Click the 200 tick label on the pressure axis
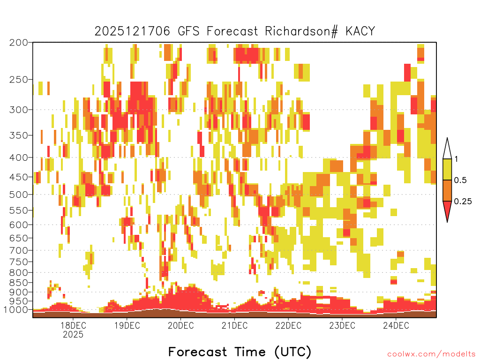[x=18, y=42]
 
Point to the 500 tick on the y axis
[x=18, y=195]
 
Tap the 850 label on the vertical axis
[x=18, y=282]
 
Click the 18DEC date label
[x=73, y=325]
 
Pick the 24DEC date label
[x=396, y=325]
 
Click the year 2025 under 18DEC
[x=73, y=334]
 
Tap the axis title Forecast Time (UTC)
[x=240, y=352]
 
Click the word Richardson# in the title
[x=301, y=31]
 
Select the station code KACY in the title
[x=360, y=31]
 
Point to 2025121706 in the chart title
[x=132, y=31]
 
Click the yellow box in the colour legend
[x=447, y=169]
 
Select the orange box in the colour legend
[x=447, y=190]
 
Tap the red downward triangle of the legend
[x=447, y=210]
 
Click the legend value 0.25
[x=463, y=201]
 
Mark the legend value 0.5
[x=460, y=180]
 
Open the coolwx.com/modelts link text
[x=431, y=354]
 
